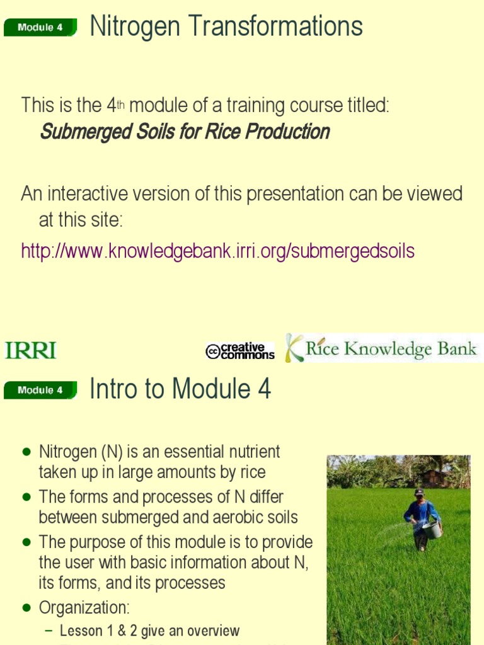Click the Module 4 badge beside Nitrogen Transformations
[x=40, y=28]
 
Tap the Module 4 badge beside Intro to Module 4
[x=40, y=390]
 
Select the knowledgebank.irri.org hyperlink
[x=217, y=251]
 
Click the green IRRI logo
[x=30, y=350]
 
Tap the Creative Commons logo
[x=240, y=351]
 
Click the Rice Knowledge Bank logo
[x=382, y=349]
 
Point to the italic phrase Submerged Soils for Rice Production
[x=185, y=132]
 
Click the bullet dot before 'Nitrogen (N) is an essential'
[x=26, y=452]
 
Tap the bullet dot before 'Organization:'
[x=26, y=608]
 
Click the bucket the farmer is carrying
[x=432, y=529]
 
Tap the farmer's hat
[x=420, y=492]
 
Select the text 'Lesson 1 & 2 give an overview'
[x=149, y=631]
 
